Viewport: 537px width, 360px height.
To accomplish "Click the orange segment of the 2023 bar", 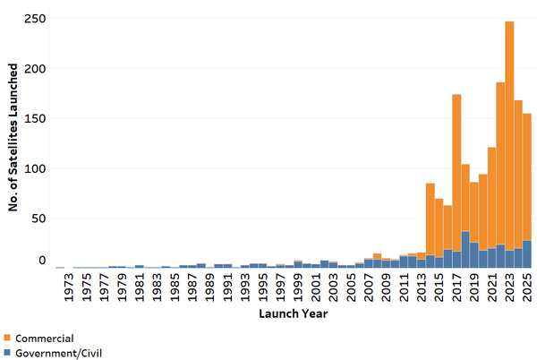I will tap(509, 134).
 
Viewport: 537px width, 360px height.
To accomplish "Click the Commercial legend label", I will tap(45, 338).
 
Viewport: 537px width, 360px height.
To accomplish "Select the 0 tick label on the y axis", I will tap(40, 261).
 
